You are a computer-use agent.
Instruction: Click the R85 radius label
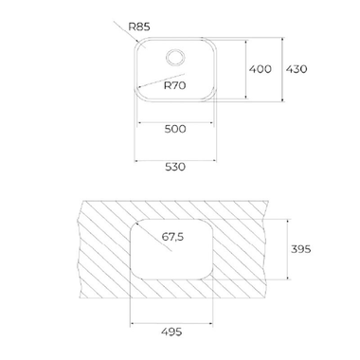[139, 27]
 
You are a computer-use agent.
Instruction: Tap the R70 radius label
[175, 85]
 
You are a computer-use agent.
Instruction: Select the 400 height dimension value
[261, 69]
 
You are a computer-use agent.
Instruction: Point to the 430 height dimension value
[297, 69]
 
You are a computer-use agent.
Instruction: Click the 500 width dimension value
[175, 129]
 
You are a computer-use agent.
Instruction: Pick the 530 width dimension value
[175, 167]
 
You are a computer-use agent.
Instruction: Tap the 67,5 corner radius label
[172, 237]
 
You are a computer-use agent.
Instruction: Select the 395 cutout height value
[301, 249]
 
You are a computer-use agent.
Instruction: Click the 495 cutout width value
[171, 332]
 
